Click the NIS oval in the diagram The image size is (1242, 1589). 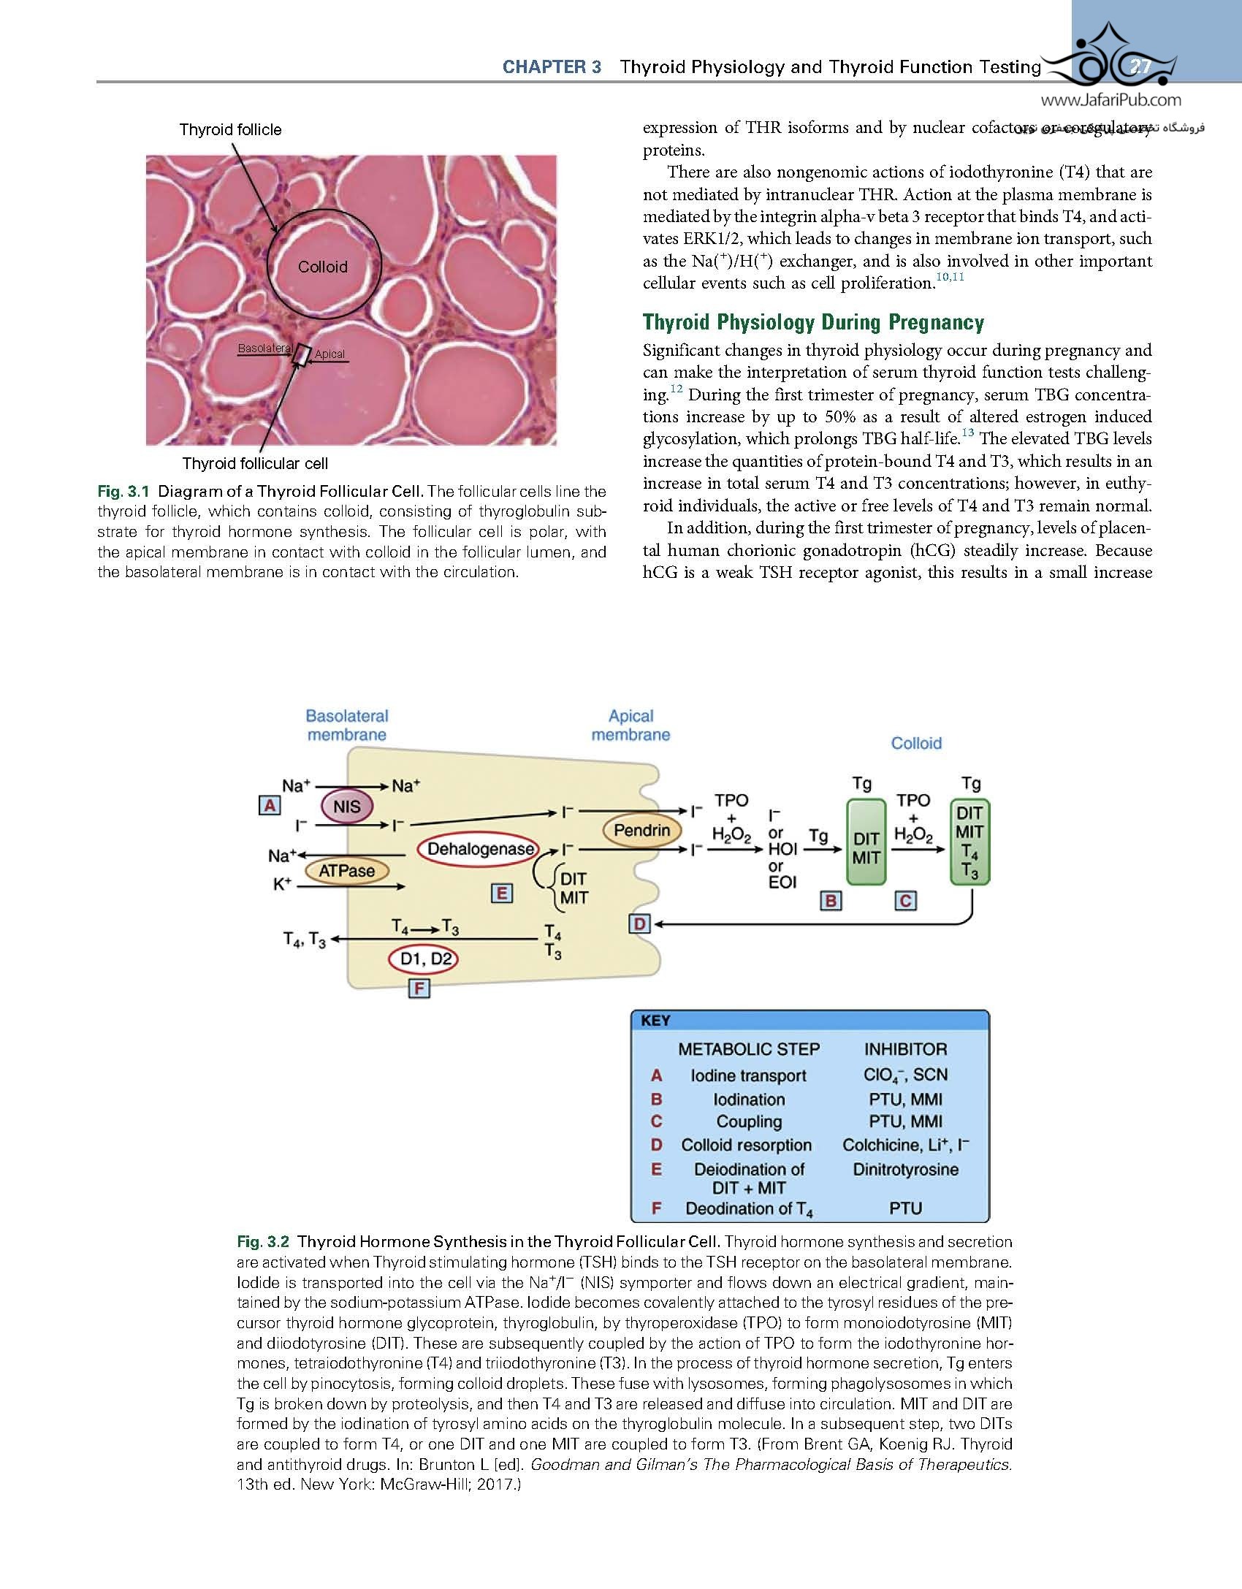(347, 807)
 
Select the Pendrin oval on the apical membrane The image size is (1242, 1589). (641, 830)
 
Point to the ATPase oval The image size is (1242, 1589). (346, 871)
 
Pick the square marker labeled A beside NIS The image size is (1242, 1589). (270, 805)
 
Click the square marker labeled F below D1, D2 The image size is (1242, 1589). (419, 989)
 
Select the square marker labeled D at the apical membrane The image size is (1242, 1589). (639, 924)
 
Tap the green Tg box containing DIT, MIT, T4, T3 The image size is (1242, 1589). (969, 842)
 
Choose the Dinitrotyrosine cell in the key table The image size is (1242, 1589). (905, 1170)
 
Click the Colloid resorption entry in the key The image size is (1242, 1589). (746, 1145)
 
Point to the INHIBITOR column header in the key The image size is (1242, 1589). (905, 1049)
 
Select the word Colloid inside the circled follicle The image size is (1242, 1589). (322, 267)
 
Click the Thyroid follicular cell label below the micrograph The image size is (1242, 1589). (255, 463)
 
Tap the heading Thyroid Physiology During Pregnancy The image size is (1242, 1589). (813, 322)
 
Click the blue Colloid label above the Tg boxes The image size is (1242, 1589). (916, 743)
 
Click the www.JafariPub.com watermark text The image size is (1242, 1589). (1110, 100)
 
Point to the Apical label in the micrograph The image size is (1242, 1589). (329, 354)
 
